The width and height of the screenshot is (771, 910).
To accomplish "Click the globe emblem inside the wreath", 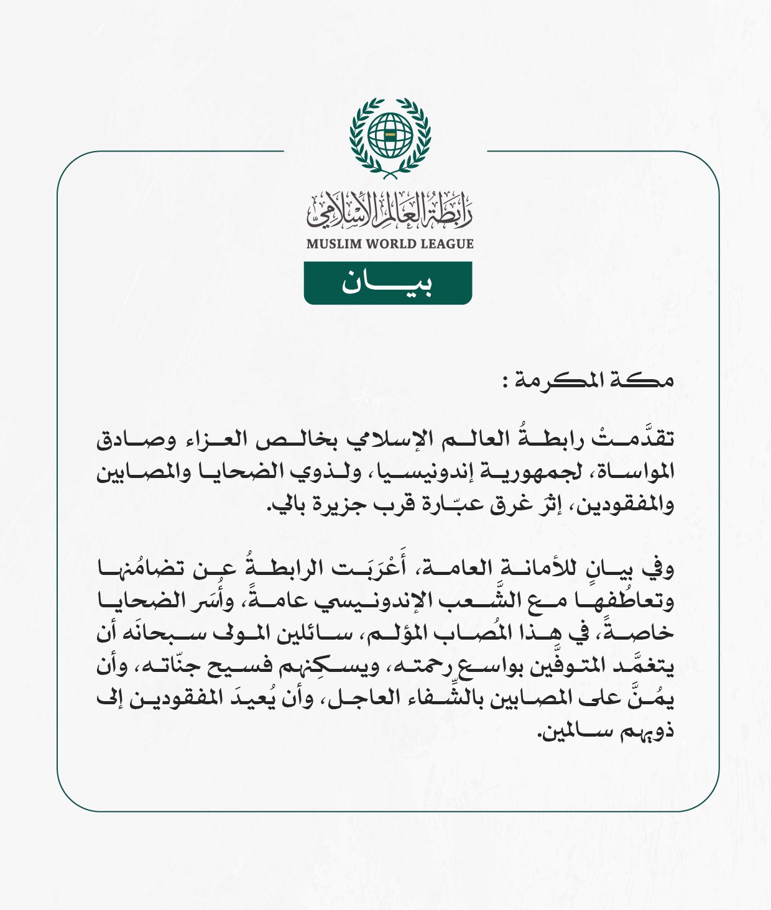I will coord(390,134).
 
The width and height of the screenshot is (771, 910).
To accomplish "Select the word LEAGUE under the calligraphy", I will coord(446,244).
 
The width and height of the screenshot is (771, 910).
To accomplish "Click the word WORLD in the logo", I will coord(390,244).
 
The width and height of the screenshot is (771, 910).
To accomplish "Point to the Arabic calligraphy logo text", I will coord(390,210).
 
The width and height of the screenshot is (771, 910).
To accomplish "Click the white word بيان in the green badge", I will coord(387,283).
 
